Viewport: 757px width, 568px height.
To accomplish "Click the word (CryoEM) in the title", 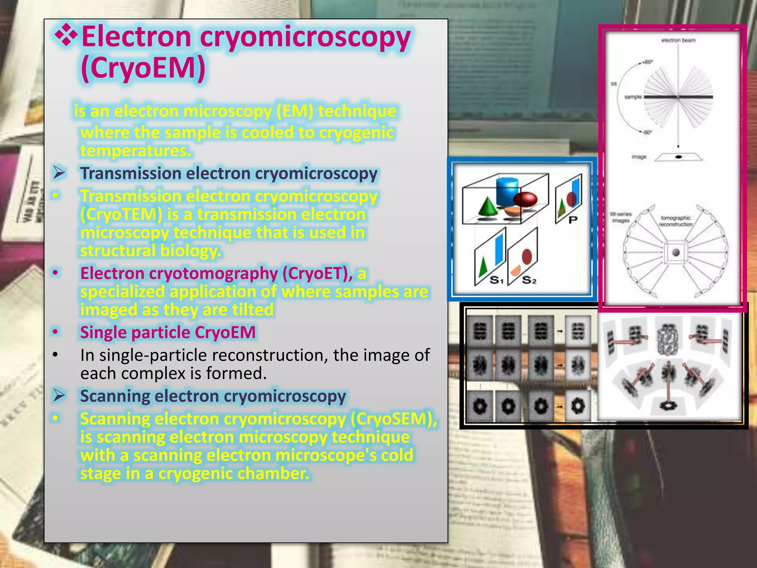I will (143, 68).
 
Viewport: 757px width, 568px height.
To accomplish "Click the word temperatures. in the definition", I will (136, 151).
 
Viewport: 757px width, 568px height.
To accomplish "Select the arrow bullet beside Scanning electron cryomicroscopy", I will (59, 395).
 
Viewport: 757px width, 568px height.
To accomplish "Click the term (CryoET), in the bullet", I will (318, 273).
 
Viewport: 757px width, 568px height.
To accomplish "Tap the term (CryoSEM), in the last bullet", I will (394, 419).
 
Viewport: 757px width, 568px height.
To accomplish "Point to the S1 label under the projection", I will (496, 280).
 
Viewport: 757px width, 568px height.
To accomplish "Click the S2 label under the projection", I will (529, 280).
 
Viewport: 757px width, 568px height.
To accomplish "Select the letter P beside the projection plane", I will (573, 220).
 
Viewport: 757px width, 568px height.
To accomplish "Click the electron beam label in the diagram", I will (678, 40).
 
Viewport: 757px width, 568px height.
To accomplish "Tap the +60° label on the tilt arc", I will (647, 62).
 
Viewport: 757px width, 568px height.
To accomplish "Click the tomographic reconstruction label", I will (675, 221).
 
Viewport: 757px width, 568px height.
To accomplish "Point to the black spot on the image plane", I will (678, 157).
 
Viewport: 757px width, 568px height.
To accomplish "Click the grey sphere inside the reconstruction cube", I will (676, 253).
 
